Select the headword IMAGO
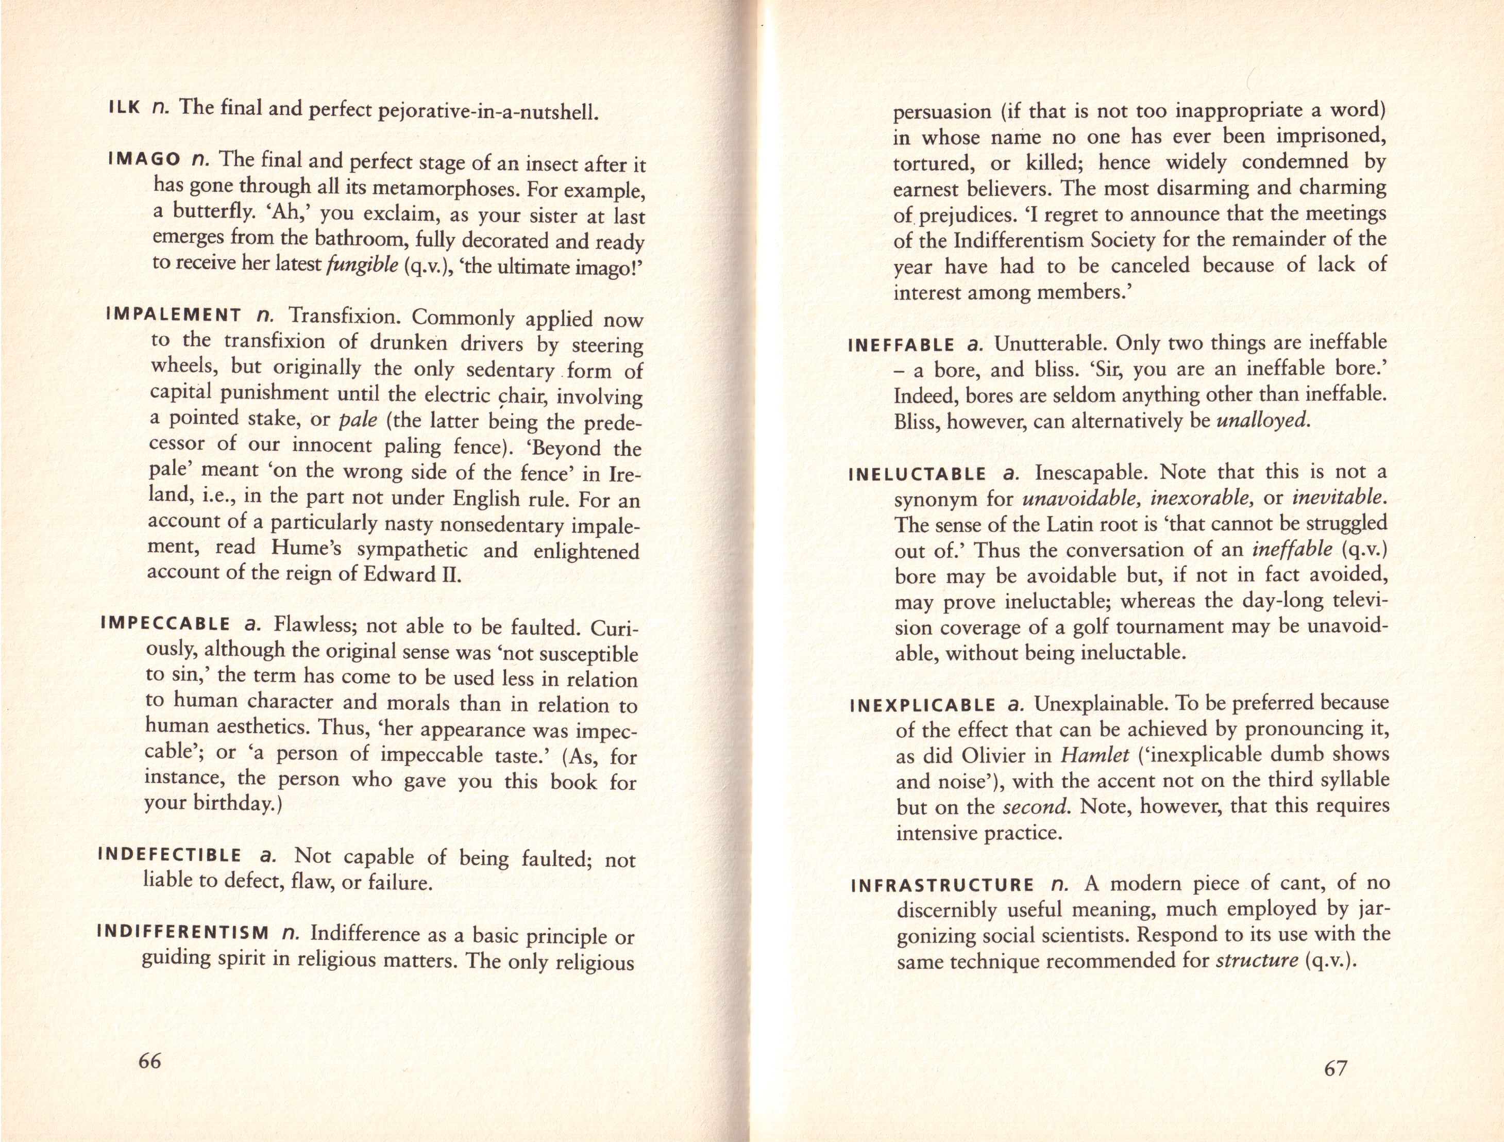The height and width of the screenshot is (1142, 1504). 143,160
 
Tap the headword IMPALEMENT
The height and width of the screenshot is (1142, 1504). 174,315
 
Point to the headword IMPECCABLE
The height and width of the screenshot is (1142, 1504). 165,624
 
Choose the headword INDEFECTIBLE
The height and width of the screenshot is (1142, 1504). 170,855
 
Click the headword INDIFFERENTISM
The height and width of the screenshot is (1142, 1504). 183,931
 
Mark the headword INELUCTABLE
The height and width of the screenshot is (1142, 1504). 918,474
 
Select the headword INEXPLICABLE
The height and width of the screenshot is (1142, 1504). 923,705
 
